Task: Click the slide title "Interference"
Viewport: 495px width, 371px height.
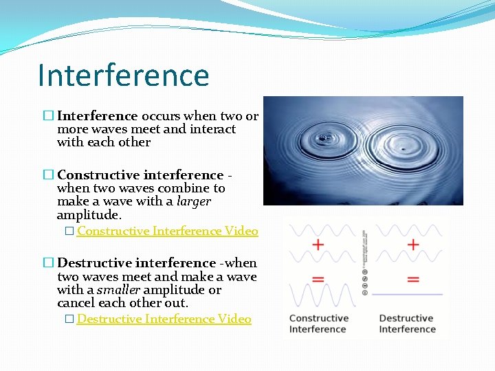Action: pos(124,75)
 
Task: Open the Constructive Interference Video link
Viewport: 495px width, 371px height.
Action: pos(167,231)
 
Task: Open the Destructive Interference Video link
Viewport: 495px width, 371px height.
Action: pos(164,319)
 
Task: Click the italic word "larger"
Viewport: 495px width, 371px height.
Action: pos(194,201)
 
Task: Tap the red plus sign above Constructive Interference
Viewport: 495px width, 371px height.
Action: pos(318,245)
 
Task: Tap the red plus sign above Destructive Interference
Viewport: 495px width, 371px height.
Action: pos(413,245)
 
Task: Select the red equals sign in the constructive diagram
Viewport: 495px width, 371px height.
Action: pos(318,280)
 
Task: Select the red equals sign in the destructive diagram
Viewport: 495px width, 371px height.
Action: pos(413,280)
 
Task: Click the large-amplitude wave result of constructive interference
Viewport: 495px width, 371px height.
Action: pos(318,296)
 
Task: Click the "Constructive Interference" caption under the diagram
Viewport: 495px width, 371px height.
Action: pos(318,324)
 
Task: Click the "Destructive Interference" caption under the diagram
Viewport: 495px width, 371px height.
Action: pos(407,324)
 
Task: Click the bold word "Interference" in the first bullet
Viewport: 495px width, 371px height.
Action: pos(98,116)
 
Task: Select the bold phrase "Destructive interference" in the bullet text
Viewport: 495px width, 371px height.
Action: pos(136,263)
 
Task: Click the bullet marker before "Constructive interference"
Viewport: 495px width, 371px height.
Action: pos(47,175)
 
